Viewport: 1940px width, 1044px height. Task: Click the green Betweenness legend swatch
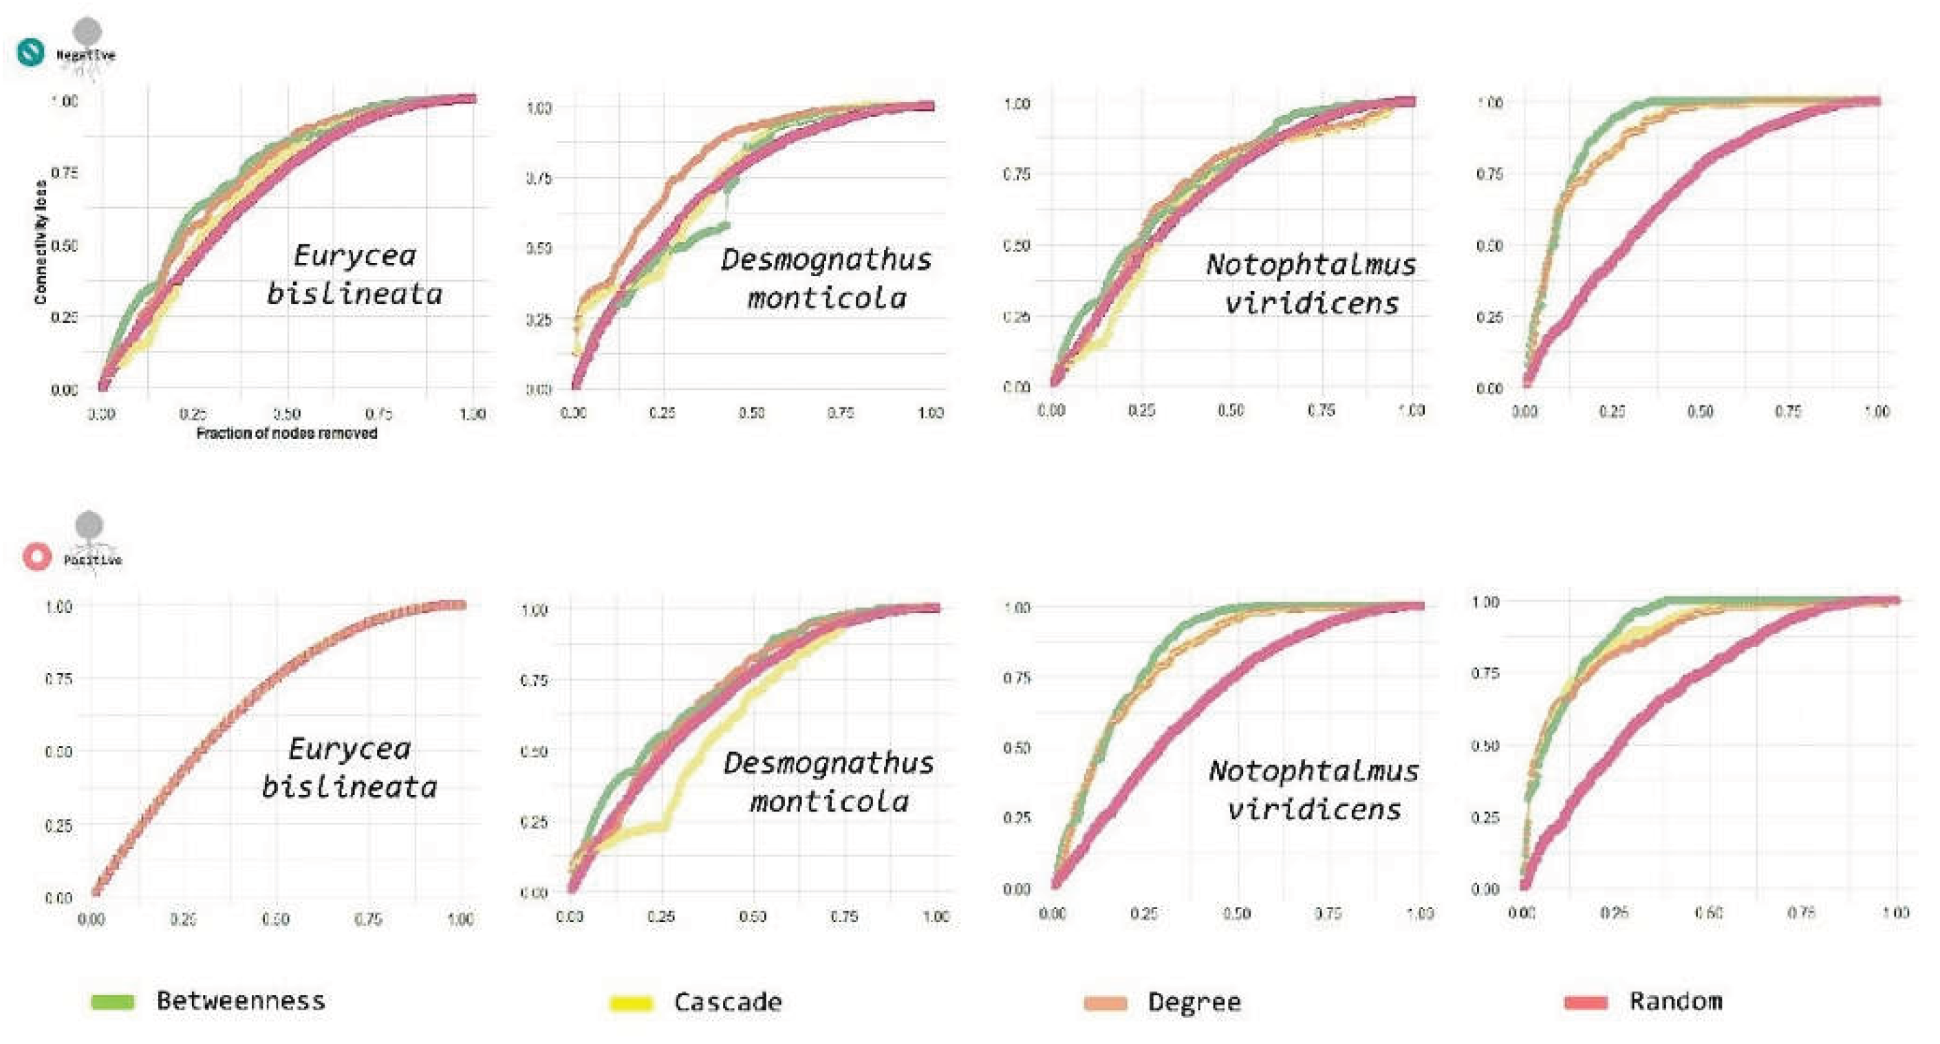pyautogui.click(x=112, y=1001)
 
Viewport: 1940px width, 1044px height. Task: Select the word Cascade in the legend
pyautogui.click(x=728, y=1002)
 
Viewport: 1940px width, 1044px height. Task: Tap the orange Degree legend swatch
pyautogui.click(x=1106, y=1003)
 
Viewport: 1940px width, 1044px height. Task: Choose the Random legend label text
pyautogui.click(x=1676, y=1001)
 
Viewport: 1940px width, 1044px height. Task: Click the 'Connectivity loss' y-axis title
pyautogui.click(x=41, y=241)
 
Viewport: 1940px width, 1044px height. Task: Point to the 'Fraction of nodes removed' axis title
pyautogui.click(x=286, y=433)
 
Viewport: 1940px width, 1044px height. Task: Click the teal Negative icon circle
pyautogui.click(x=31, y=52)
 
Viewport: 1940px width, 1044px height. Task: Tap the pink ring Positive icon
pyautogui.click(x=37, y=557)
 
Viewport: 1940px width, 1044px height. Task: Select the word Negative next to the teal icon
pyautogui.click(x=86, y=55)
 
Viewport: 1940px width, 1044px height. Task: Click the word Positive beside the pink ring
pyautogui.click(x=93, y=560)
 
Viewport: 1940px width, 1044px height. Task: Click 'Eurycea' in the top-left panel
pyautogui.click(x=354, y=256)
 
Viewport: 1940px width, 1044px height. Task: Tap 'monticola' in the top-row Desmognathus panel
pyautogui.click(x=826, y=298)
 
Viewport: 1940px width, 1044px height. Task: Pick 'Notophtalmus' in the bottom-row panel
pyautogui.click(x=1313, y=771)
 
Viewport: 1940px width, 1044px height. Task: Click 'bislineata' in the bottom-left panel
pyautogui.click(x=349, y=787)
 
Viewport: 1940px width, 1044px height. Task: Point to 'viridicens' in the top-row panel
pyautogui.click(x=1311, y=303)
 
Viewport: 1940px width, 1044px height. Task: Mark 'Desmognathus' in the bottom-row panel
pyautogui.click(x=828, y=763)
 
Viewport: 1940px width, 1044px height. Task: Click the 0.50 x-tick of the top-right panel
pyautogui.click(x=1700, y=412)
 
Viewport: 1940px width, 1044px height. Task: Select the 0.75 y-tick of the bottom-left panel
pyautogui.click(x=58, y=679)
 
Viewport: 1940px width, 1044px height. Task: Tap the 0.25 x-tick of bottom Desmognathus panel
pyautogui.click(x=660, y=917)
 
